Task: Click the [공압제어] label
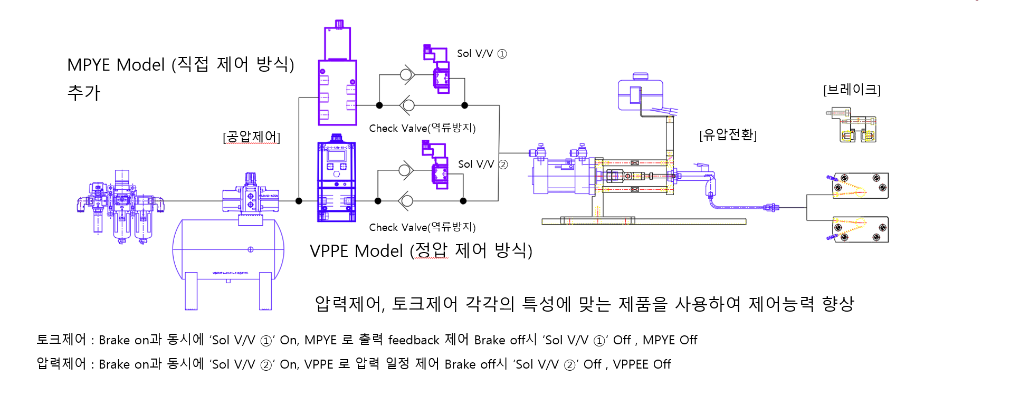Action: [251, 137]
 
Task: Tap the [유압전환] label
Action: [728, 135]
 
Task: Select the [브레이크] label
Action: [852, 90]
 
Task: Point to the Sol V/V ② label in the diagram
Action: [482, 165]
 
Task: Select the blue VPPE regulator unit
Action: [336, 181]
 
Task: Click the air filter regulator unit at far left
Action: [121, 206]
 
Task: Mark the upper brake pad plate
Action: [860, 186]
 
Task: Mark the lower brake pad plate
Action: [860, 229]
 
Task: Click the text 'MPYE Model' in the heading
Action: [116, 65]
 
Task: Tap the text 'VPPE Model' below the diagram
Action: [356, 251]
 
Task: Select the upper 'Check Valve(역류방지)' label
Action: [422, 128]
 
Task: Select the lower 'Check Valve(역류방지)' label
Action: [422, 227]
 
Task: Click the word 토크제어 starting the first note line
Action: [61, 340]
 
